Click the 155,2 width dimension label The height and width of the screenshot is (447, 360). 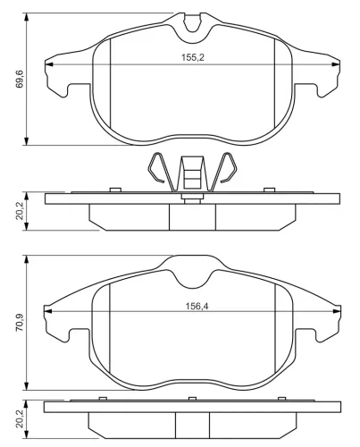(193, 57)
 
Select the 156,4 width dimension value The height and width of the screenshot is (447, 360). (197, 306)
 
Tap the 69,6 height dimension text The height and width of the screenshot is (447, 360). (20, 79)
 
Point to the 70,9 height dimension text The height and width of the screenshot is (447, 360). (20, 323)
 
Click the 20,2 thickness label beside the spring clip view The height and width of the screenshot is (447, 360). (20, 211)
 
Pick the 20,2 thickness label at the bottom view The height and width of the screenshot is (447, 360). (20, 419)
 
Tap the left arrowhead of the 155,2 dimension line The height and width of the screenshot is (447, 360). (49, 64)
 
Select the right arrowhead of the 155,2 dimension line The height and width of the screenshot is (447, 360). (336, 64)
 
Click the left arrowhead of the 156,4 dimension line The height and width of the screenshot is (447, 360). (48, 311)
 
